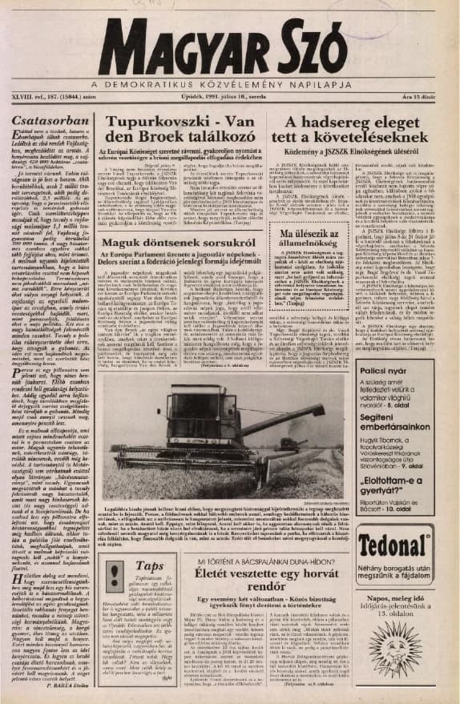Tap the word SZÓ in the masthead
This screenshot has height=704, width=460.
302,54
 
